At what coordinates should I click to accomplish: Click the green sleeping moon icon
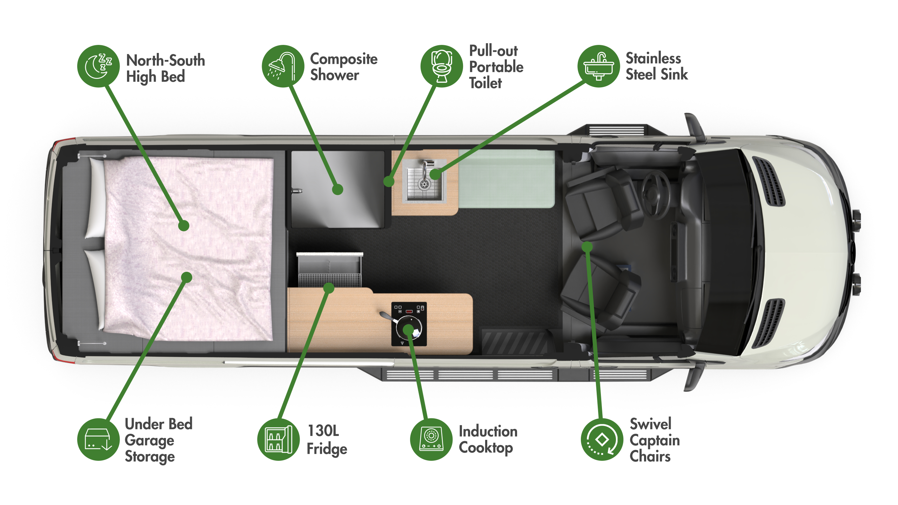pyautogui.click(x=99, y=66)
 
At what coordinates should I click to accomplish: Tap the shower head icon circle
pyautogui.click(x=283, y=66)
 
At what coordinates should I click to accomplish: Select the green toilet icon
pyautogui.click(x=442, y=66)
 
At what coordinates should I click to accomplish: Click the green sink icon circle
pyautogui.click(x=599, y=66)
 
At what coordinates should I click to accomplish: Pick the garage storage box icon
pyautogui.click(x=99, y=439)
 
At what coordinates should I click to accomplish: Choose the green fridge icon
pyautogui.click(x=279, y=439)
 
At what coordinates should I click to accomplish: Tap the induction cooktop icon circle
pyautogui.click(x=431, y=439)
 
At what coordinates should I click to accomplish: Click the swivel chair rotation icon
pyautogui.click(x=602, y=439)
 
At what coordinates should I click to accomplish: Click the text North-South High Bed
pyautogui.click(x=166, y=69)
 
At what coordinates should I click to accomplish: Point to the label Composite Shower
pyautogui.click(x=344, y=67)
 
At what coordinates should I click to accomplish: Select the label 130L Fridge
pyautogui.click(x=327, y=440)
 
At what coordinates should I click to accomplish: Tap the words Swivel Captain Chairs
pyautogui.click(x=655, y=440)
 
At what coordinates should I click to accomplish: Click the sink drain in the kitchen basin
pyautogui.click(x=424, y=183)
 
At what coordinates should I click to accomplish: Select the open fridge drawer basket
pyautogui.click(x=329, y=269)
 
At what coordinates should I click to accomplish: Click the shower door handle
pyautogui.click(x=297, y=191)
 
